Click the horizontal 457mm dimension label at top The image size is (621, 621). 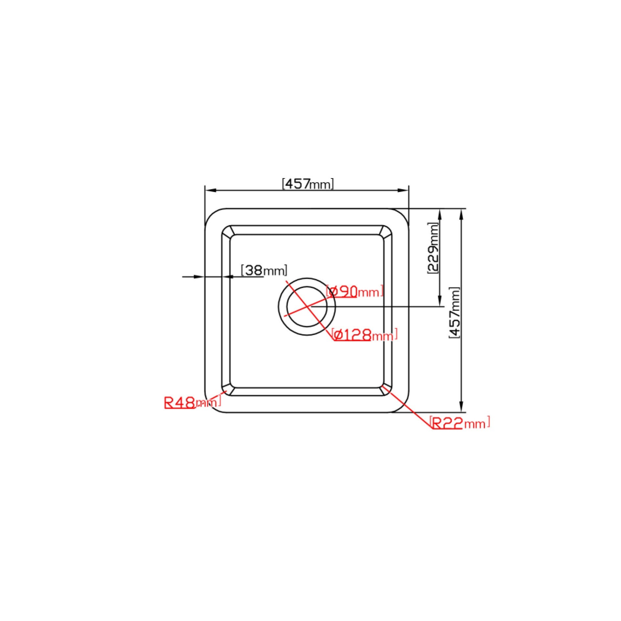pos(308,184)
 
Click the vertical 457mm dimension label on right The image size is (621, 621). pos(454,312)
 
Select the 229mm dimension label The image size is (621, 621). pos(433,248)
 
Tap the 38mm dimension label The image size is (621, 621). pos(264,270)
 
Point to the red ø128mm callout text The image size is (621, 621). pos(365,335)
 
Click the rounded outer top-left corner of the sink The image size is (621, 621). pos(210,214)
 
